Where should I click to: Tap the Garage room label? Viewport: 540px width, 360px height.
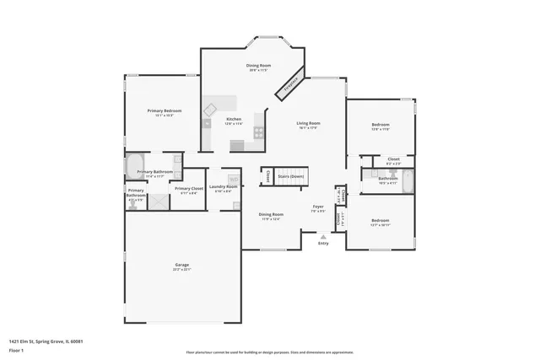(x=181, y=266)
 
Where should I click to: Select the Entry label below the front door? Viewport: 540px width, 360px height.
(x=323, y=244)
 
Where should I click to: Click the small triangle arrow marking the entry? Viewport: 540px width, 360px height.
(x=323, y=237)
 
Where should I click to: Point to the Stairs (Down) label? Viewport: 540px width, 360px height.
(x=290, y=176)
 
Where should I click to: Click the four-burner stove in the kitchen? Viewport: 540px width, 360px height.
(x=258, y=132)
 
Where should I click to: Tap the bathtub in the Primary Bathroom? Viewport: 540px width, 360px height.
(x=136, y=165)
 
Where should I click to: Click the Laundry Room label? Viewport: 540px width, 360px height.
(x=223, y=186)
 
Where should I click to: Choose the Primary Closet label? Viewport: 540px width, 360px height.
(x=189, y=189)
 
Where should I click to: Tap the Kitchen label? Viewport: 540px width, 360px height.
(x=234, y=119)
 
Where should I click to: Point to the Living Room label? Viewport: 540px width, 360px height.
(x=308, y=124)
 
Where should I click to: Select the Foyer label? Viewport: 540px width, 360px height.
(x=318, y=206)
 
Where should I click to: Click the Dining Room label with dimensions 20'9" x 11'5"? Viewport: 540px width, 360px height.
(x=258, y=66)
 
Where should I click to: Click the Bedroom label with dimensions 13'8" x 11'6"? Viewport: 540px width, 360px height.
(x=381, y=126)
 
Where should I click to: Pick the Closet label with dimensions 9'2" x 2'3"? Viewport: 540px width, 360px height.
(x=393, y=159)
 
